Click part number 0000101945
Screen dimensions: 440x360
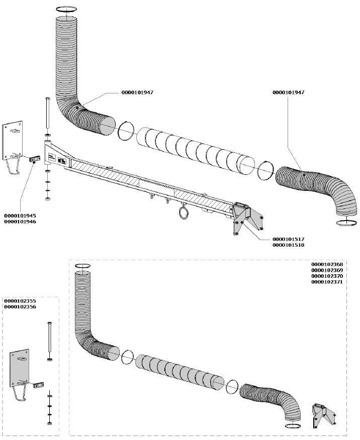pos(19,215)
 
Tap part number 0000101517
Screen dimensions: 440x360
pos(288,239)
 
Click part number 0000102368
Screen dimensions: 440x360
pos(327,264)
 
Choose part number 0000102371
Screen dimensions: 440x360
pos(327,283)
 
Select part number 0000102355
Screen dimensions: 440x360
pos(20,301)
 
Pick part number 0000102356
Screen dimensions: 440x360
pos(20,306)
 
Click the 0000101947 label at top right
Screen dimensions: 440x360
pos(288,92)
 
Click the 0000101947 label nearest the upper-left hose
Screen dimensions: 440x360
pos(137,93)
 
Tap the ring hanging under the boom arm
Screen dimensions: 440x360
pos(184,213)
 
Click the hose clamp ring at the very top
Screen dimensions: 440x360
pos(66,9)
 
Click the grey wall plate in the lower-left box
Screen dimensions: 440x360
pos(21,367)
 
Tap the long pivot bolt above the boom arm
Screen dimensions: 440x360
pos(47,115)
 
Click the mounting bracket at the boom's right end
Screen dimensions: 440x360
pos(246,218)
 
